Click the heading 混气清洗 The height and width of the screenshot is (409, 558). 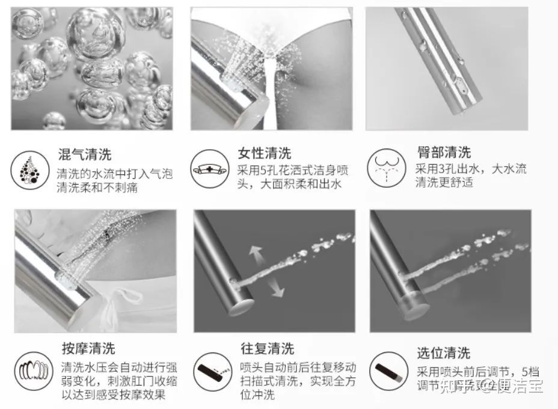[x=84, y=155]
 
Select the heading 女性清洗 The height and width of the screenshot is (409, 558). [x=264, y=153]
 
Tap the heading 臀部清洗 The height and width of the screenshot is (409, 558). [x=444, y=152]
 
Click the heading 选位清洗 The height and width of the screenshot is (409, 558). [x=444, y=352]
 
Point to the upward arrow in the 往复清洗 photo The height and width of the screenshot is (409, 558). [x=258, y=254]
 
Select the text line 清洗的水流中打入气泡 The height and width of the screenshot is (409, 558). [x=114, y=174]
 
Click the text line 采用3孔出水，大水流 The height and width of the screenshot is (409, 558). [x=470, y=169]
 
